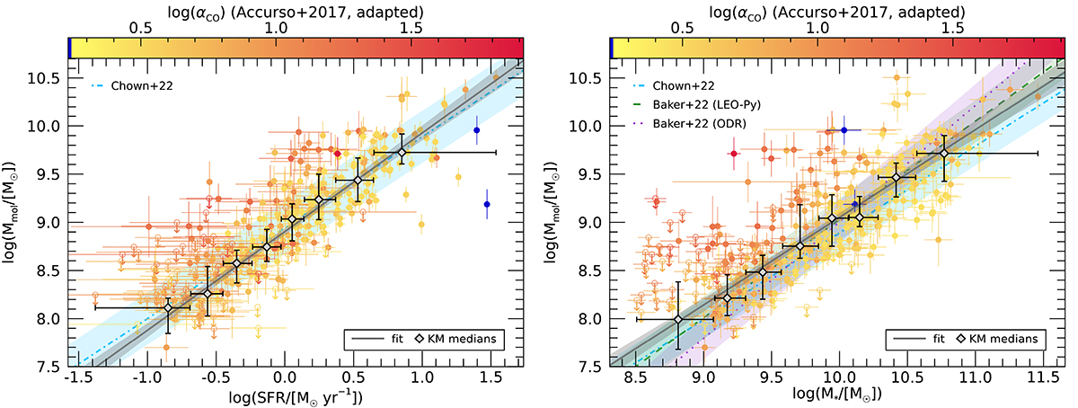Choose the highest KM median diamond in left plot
coord(401,153)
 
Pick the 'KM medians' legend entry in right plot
coord(1000,339)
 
